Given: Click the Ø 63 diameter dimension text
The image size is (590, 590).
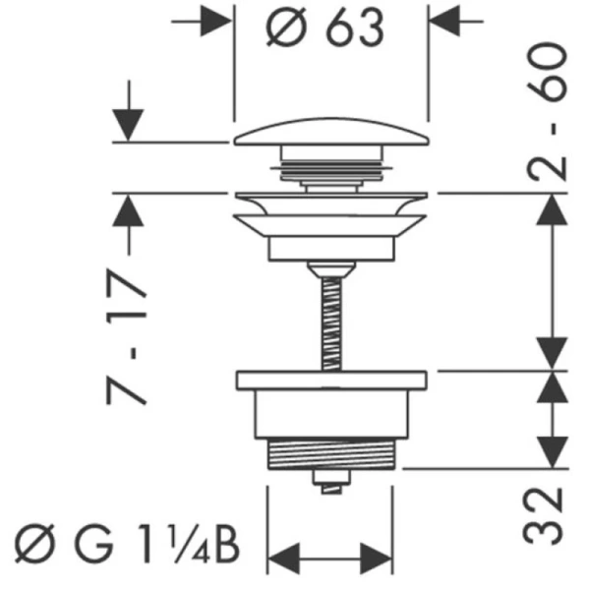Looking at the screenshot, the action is click(x=325, y=28).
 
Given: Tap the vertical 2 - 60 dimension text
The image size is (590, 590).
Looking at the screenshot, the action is click(x=547, y=111).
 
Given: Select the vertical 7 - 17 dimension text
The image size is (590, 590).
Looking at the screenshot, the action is click(x=127, y=336).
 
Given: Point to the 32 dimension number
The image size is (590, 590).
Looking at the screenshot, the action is click(x=543, y=516).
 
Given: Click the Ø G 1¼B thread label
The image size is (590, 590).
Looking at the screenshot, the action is click(x=127, y=544).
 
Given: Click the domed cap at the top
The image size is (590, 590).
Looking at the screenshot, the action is click(x=331, y=132).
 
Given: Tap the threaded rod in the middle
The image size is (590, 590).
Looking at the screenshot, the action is click(x=332, y=324).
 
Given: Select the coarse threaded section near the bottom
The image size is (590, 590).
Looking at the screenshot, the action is click(x=331, y=454).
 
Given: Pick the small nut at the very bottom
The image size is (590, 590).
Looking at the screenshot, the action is click(x=331, y=482).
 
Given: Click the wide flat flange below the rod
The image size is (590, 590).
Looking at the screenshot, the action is click(x=331, y=381).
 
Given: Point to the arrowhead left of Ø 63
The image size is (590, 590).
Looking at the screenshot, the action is click(x=215, y=22).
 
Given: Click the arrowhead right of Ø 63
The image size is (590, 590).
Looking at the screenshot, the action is click(x=444, y=22).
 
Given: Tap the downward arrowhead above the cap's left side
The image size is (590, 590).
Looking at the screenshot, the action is click(x=128, y=125).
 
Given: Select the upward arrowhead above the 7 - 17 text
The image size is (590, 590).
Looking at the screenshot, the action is click(x=128, y=210).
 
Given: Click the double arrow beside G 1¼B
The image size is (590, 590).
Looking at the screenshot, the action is click(x=330, y=559).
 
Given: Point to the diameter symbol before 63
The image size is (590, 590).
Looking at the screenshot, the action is click(x=286, y=28).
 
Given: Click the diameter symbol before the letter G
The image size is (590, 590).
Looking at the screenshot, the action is click(x=35, y=544).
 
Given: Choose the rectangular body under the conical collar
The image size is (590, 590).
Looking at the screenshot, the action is click(x=331, y=249).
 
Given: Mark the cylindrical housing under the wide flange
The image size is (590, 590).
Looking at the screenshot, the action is click(x=331, y=415).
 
